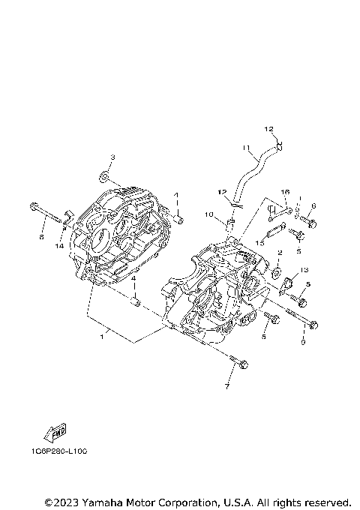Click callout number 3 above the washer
click(x=112, y=157)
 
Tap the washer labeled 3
click(x=103, y=178)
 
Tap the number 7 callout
click(x=226, y=387)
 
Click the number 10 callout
click(x=211, y=215)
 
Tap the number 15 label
click(x=261, y=243)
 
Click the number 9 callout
click(x=302, y=342)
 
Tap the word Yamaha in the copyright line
click(x=105, y=501)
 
